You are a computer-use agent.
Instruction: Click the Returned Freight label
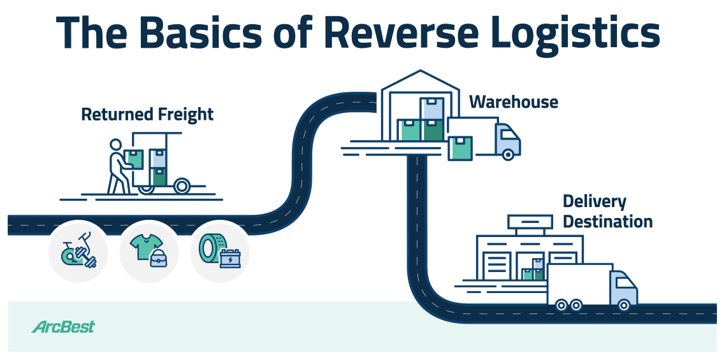[x=147, y=115]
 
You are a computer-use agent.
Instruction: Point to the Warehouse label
[x=514, y=102]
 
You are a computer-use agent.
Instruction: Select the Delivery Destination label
[x=607, y=212]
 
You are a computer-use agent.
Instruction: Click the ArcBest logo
[x=63, y=327]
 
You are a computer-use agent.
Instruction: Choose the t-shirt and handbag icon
[x=148, y=251]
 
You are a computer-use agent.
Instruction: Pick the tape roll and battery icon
[x=219, y=251]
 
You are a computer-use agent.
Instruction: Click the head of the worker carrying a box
[x=115, y=145]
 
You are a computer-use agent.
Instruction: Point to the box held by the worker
[x=134, y=159]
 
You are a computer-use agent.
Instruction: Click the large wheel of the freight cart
[x=181, y=187]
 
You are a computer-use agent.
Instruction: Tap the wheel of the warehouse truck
[x=507, y=154]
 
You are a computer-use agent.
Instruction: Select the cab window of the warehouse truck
[x=509, y=135]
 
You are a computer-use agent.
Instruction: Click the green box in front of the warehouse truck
[x=460, y=148]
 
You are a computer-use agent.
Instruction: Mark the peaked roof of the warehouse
[x=419, y=78]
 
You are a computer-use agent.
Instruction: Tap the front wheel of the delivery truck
[x=623, y=305]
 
